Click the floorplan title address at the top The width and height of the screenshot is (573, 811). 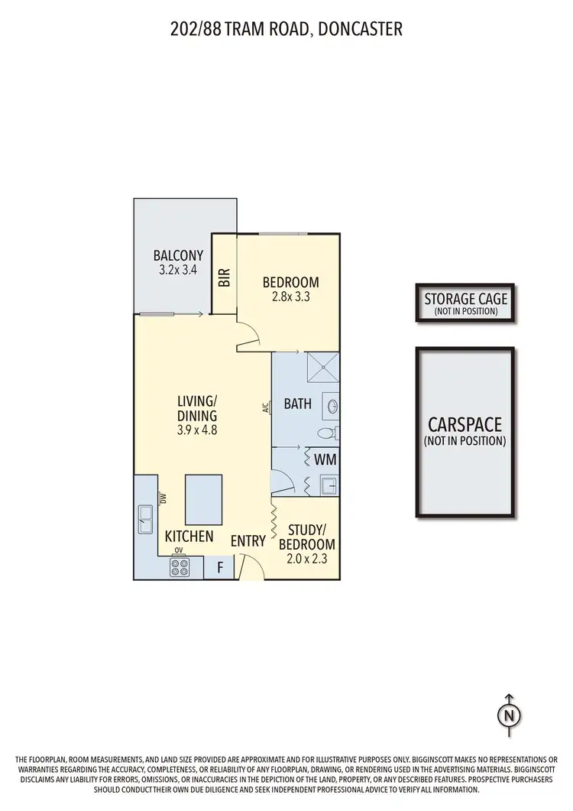(x=286, y=29)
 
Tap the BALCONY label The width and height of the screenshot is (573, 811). (x=178, y=255)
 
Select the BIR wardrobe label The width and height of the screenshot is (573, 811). (x=225, y=277)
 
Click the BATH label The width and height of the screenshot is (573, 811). (x=297, y=403)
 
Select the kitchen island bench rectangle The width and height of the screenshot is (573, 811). (x=203, y=498)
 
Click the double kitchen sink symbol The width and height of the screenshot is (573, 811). (x=145, y=519)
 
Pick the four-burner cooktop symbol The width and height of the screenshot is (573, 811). (x=180, y=567)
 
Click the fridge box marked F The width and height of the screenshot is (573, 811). (x=220, y=568)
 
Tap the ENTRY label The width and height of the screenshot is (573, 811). (x=248, y=541)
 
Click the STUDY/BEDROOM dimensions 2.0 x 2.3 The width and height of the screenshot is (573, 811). (x=306, y=559)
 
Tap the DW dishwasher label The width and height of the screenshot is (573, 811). (x=163, y=498)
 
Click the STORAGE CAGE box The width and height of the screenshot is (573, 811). (x=465, y=303)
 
